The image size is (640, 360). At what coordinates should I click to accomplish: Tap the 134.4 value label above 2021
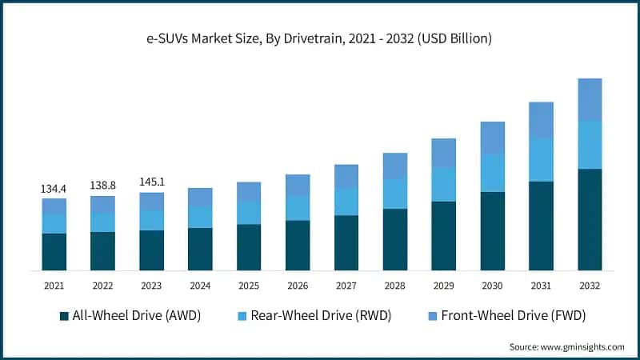[54, 189]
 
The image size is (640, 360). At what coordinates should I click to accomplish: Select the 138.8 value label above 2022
[102, 185]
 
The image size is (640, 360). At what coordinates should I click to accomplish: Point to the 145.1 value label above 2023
[151, 182]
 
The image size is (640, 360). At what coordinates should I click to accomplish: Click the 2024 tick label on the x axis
[200, 285]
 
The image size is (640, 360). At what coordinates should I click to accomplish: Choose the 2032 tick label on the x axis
[590, 285]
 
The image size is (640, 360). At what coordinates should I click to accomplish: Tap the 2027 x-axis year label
[346, 285]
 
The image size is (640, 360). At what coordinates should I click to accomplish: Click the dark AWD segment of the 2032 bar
[590, 219]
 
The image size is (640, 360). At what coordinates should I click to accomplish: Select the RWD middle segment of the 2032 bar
[590, 145]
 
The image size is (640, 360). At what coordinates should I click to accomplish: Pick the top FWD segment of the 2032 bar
[590, 100]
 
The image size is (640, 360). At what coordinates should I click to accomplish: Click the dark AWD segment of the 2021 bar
[54, 251]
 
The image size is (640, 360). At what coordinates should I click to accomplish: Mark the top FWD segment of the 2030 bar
[492, 138]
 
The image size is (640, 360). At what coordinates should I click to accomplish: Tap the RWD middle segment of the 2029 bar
[443, 185]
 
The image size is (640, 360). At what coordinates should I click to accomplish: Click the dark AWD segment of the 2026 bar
[298, 245]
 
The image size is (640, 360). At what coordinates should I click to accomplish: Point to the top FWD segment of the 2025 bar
[249, 192]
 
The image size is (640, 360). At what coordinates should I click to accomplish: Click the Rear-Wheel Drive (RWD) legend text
[321, 316]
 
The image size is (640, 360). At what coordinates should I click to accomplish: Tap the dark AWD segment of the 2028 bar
[394, 239]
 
